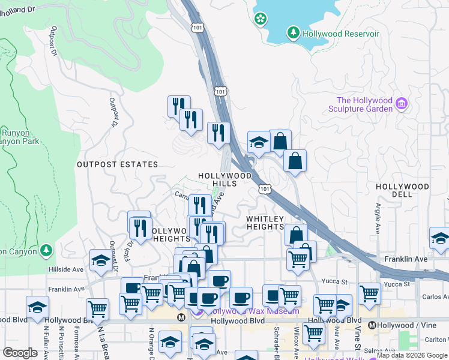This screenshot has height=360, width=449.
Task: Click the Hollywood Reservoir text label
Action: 341,34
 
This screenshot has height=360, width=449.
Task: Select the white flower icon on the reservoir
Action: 260,19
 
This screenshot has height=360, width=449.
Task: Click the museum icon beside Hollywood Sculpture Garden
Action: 402,105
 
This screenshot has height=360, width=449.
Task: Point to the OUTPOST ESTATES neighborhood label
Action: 117,164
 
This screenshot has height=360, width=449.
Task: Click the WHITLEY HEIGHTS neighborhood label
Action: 265,223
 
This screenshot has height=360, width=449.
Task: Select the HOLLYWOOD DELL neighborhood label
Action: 402,190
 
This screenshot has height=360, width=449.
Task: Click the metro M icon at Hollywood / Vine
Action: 372,325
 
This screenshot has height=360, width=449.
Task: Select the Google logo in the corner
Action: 20,353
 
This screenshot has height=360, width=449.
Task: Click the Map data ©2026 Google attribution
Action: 412,356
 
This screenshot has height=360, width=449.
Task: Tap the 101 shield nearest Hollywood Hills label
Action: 265,189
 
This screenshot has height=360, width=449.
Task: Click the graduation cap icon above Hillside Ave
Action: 100,260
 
